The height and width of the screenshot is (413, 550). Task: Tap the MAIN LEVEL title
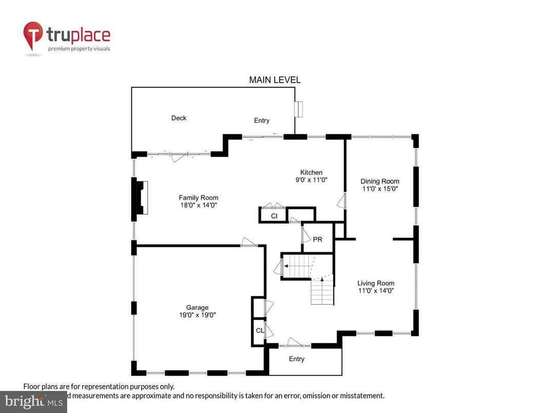(274, 80)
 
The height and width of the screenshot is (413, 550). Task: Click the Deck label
(179, 118)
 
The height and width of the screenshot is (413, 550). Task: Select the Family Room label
(199, 198)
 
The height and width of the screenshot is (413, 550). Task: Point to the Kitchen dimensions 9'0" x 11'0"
(311, 180)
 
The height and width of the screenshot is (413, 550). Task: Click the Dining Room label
(380, 181)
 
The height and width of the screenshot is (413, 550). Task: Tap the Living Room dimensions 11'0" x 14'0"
(376, 291)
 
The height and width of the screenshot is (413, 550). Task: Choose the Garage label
(198, 308)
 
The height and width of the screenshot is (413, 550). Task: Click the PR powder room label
(318, 239)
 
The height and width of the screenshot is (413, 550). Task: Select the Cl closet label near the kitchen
(274, 216)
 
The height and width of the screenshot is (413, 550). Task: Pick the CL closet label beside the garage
(260, 330)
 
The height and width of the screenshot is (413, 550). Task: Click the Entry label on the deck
(262, 121)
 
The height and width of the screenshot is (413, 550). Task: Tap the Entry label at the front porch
(297, 359)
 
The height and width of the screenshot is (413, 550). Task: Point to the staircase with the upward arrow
(322, 291)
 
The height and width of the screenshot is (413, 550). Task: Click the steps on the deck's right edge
(299, 109)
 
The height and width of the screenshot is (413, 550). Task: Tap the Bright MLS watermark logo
(33, 402)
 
